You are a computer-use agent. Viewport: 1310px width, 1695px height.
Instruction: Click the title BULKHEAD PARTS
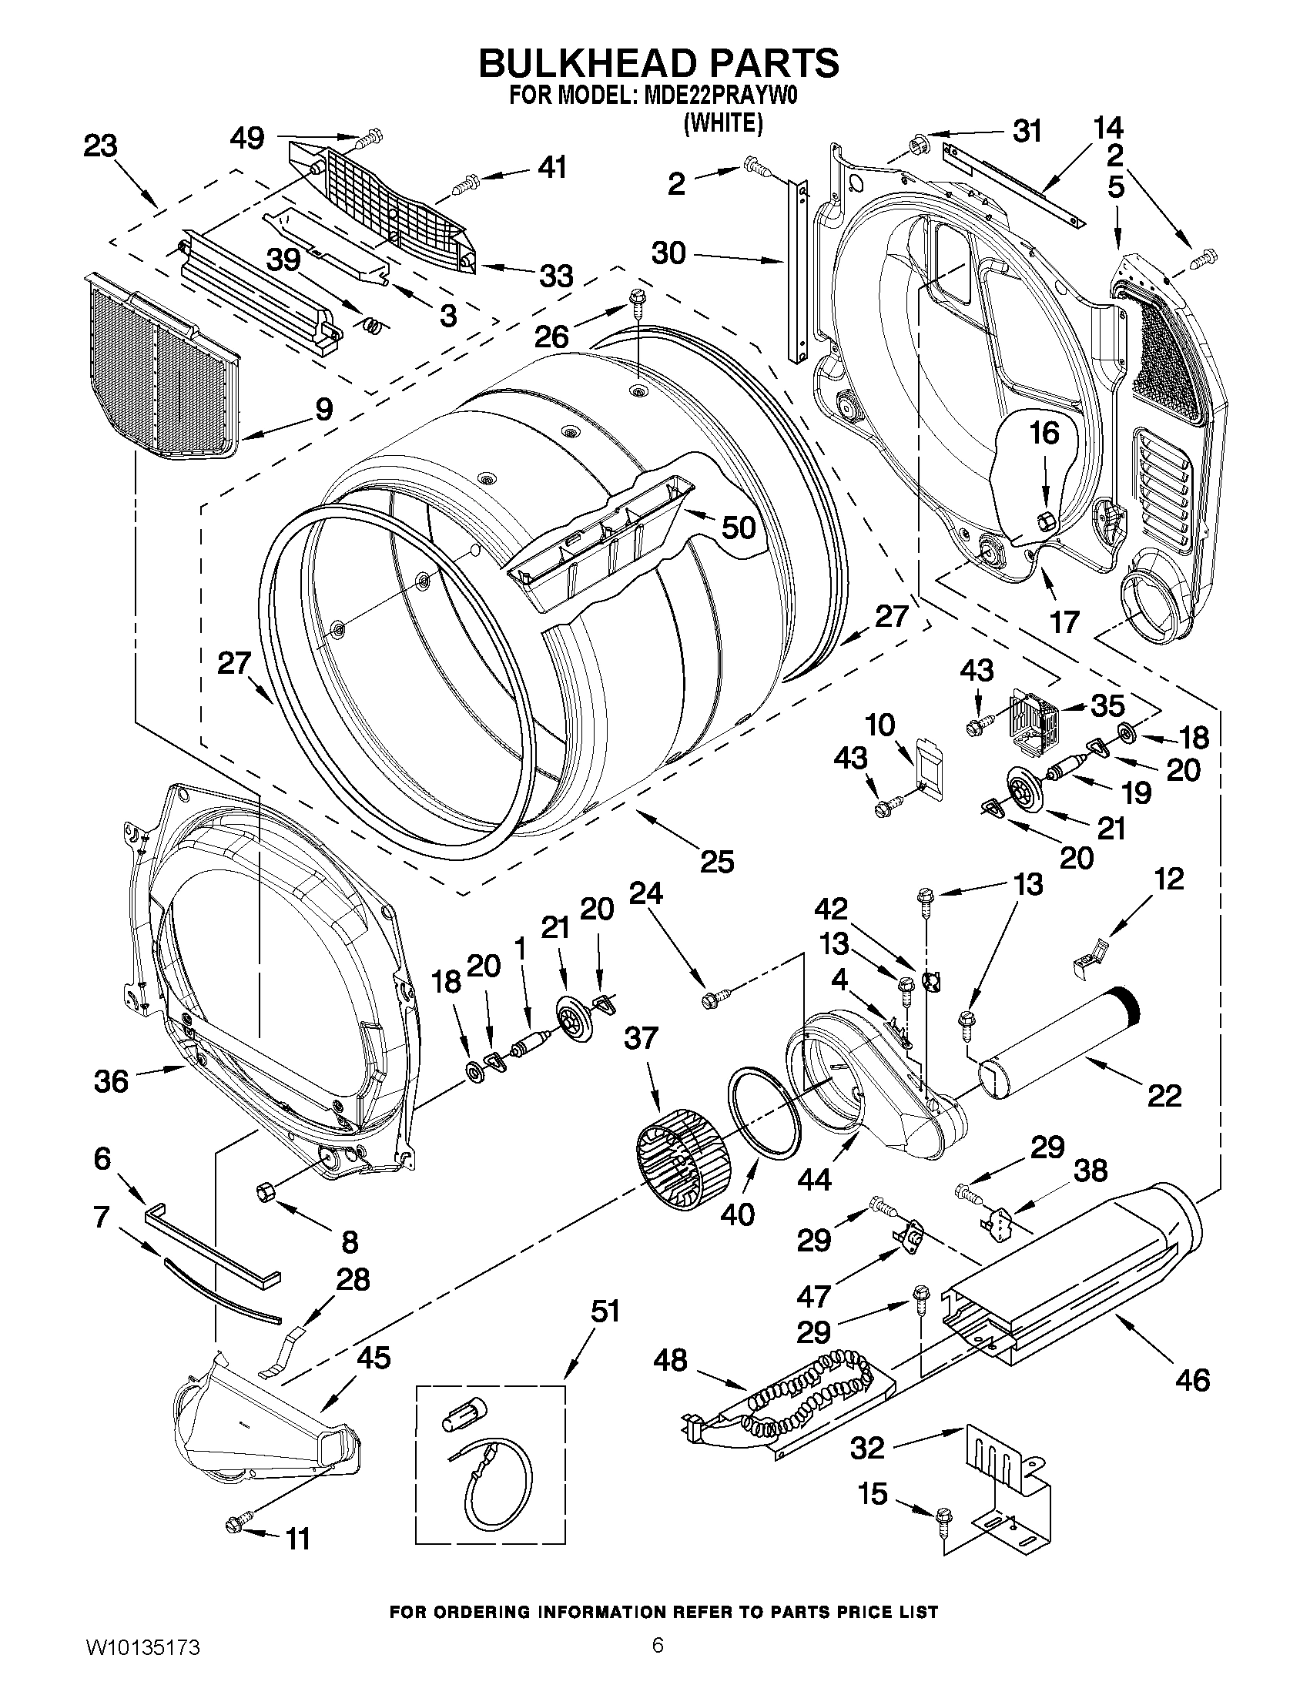[x=658, y=63]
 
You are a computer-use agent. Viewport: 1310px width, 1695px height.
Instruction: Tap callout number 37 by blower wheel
[x=641, y=1037]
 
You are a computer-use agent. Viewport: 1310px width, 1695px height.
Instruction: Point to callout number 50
[x=738, y=528]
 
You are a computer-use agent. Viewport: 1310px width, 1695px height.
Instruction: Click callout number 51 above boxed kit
[x=605, y=1312]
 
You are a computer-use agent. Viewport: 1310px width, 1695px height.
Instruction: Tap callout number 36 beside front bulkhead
[x=111, y=1080]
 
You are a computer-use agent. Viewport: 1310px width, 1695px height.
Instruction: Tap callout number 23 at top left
[x=101, y=146]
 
